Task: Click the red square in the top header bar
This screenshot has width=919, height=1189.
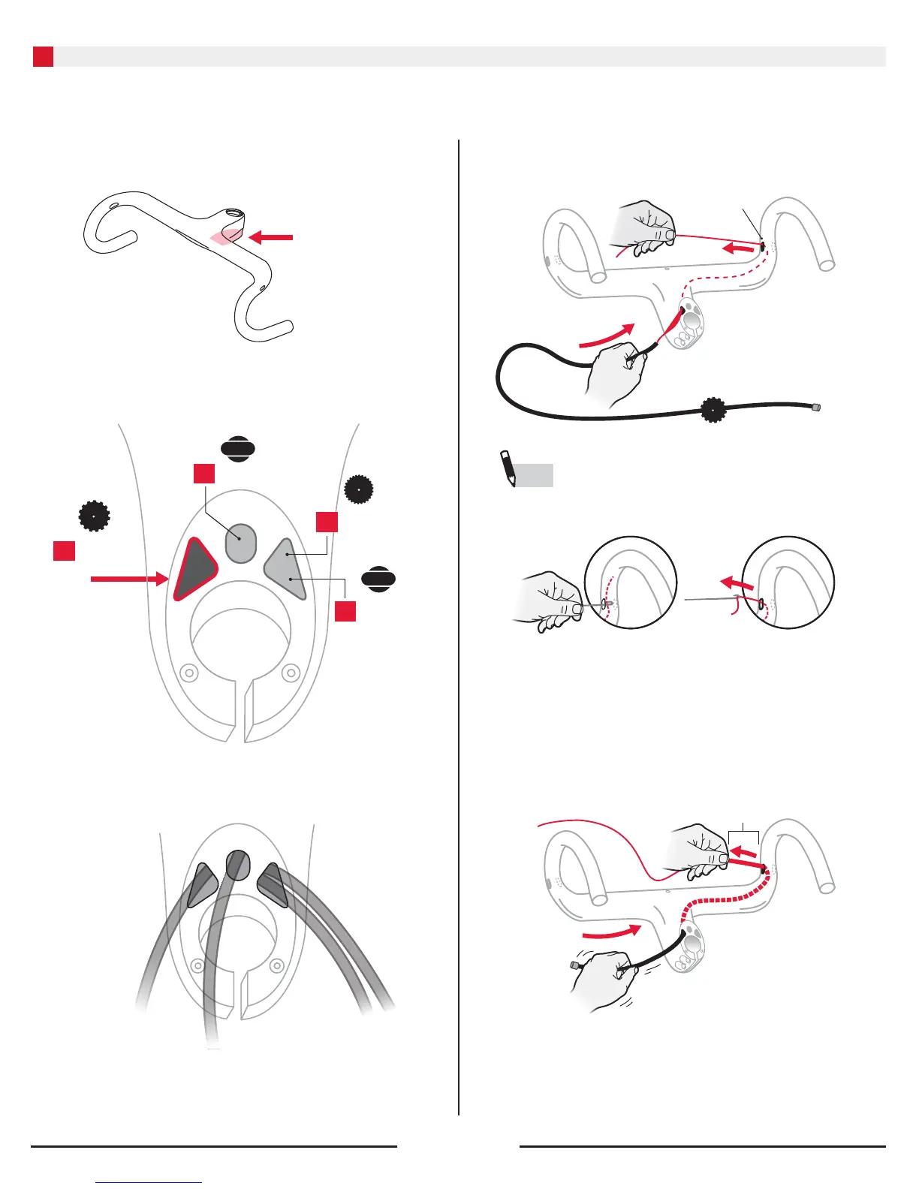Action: (43, 56)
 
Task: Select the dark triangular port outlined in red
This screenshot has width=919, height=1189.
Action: (193, 570)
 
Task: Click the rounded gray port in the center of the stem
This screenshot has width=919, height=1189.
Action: (241, 543)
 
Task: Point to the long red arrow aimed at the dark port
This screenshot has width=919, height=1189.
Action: (128, 579)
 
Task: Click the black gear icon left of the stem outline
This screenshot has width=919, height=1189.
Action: (95, 516)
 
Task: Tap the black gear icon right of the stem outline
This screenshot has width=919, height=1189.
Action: (359, 489)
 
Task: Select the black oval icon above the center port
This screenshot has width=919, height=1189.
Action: (238, 449)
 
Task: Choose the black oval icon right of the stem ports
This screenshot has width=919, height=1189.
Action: (378, 579)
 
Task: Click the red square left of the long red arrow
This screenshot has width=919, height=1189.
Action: (65, 550)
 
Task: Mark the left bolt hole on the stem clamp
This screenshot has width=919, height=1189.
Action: (190, 673)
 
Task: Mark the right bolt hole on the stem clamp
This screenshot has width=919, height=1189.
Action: (291, 673)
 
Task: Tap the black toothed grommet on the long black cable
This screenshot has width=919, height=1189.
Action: (711, 410)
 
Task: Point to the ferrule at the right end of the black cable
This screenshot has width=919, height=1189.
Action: (816, 408)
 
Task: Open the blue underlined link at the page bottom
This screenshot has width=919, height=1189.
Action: (149, 1182)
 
